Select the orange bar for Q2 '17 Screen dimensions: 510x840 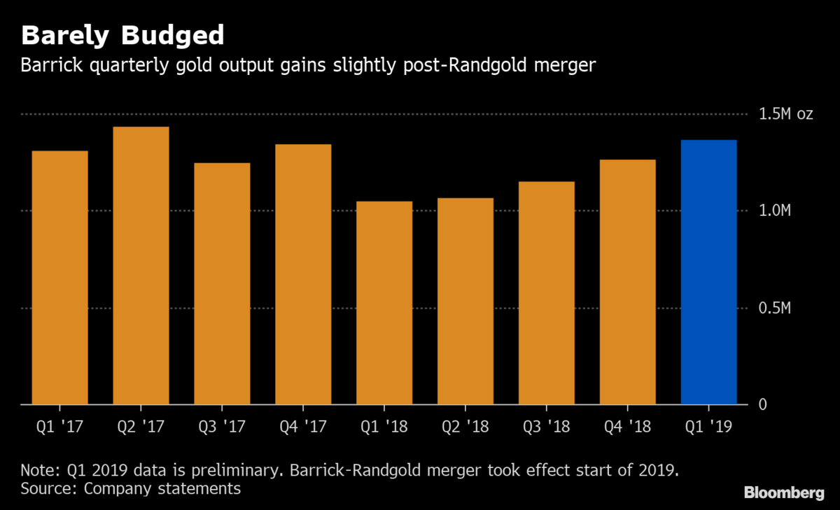pos(141,266)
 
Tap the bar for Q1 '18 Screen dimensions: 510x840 pos(384,303)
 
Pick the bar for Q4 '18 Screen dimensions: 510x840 pos(628,282)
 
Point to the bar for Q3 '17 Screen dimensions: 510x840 pos(222,284)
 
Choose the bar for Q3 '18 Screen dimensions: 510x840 pos(547,293)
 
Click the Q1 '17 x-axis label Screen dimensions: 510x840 pos(60,425)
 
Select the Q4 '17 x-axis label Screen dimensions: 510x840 pos(302,425)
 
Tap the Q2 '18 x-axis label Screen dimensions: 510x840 pos(465,425)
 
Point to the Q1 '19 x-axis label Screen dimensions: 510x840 pos(708,425)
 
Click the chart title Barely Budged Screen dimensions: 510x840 pos(122,35)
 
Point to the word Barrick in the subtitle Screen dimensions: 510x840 pos(47,67)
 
